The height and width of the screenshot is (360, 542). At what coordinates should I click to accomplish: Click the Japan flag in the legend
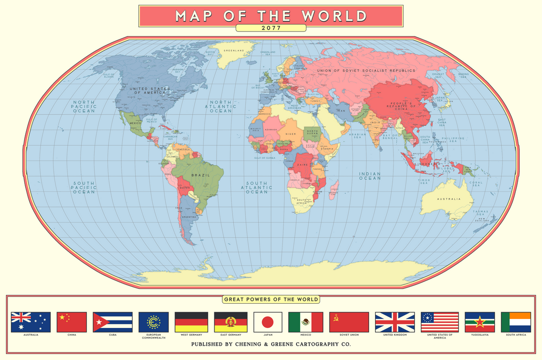(x=267, y=322)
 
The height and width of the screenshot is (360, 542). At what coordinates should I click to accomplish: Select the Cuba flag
(x=112, y=322)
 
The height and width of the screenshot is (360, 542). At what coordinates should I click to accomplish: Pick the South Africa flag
(x=515, y=322)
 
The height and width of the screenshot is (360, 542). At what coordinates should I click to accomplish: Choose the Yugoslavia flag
(x=479, y=322)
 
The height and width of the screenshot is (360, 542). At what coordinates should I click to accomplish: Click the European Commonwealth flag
(x=154, y=322)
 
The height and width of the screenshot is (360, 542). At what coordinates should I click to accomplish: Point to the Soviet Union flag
(x=349, y=322)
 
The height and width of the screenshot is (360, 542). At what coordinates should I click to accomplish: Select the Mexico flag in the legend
(x=305, y=322)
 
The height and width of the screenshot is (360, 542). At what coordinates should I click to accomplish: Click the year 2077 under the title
(x=271, y=28)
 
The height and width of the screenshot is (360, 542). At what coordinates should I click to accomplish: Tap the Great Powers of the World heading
(x=271, y=299)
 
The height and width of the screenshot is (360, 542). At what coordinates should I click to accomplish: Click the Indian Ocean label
(x=370, y=176)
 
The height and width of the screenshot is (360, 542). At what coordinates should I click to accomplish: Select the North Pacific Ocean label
(x=83, y=106)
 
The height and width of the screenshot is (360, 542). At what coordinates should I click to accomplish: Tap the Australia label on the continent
(x=448, y=199)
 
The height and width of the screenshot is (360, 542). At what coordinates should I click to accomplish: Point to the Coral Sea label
(x=476, y=184)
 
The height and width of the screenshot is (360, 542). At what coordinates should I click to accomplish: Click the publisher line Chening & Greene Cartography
(x=271, y=344)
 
